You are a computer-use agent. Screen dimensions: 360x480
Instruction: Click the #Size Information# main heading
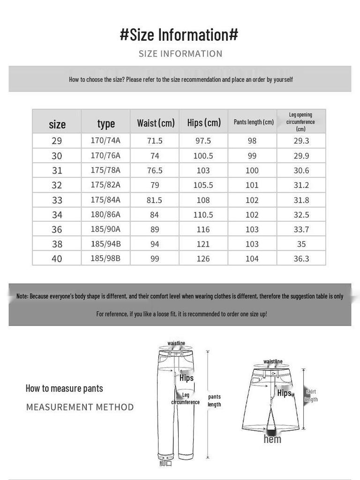pyautogui.click(x=179, y=35)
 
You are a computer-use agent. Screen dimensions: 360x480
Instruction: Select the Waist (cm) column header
pyautogui.click(x=156, y=123)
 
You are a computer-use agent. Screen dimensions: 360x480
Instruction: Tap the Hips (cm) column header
pyautogui.click(x=204, y=122)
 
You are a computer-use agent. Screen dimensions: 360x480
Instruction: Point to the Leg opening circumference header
pyautogui.click(x=300, y=121)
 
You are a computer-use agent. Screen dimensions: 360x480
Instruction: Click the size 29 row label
pyautogui.click(x=57, y=141)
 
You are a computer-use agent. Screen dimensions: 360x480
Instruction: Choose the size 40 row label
pyautogui.click(x=57, y=259)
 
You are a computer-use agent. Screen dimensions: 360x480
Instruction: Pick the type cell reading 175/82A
pyautogui.click(x=105, y=185)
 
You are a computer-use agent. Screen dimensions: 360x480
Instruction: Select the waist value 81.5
pyautogui.click(x=155, y=200)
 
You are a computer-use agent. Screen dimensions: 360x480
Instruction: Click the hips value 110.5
pyautogui.click(x=203, y=215)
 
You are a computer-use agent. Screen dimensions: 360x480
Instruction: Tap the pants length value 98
pyautogui.click(x=252, y=141)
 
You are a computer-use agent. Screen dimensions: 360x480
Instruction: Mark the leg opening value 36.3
pyautogui.click(x=301, y=259)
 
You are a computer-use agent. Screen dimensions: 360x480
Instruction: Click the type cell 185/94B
pyautogui.click(x=105, y=244)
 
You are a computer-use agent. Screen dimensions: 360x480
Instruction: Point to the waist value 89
pyautogui.click(x=155, y=229)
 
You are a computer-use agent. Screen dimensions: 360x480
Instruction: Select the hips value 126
pyautogui.click(x=203, y=259)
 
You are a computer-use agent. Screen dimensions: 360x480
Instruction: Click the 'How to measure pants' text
pyautogui.click(x=64, y=388)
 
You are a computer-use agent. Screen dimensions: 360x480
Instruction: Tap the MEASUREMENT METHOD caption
pyautogui.click(x=80, y=407)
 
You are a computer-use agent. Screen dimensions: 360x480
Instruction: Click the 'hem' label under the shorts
pyautogui.click(x=272, y=439)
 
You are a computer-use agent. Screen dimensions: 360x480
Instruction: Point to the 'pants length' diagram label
pyautogui.click(x=214, y=400)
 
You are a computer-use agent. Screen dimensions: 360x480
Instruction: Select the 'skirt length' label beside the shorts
pyautogui.click(x=311, y=396)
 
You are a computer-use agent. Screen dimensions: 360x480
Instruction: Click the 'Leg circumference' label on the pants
pyautogui.click(x=186, y=398)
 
